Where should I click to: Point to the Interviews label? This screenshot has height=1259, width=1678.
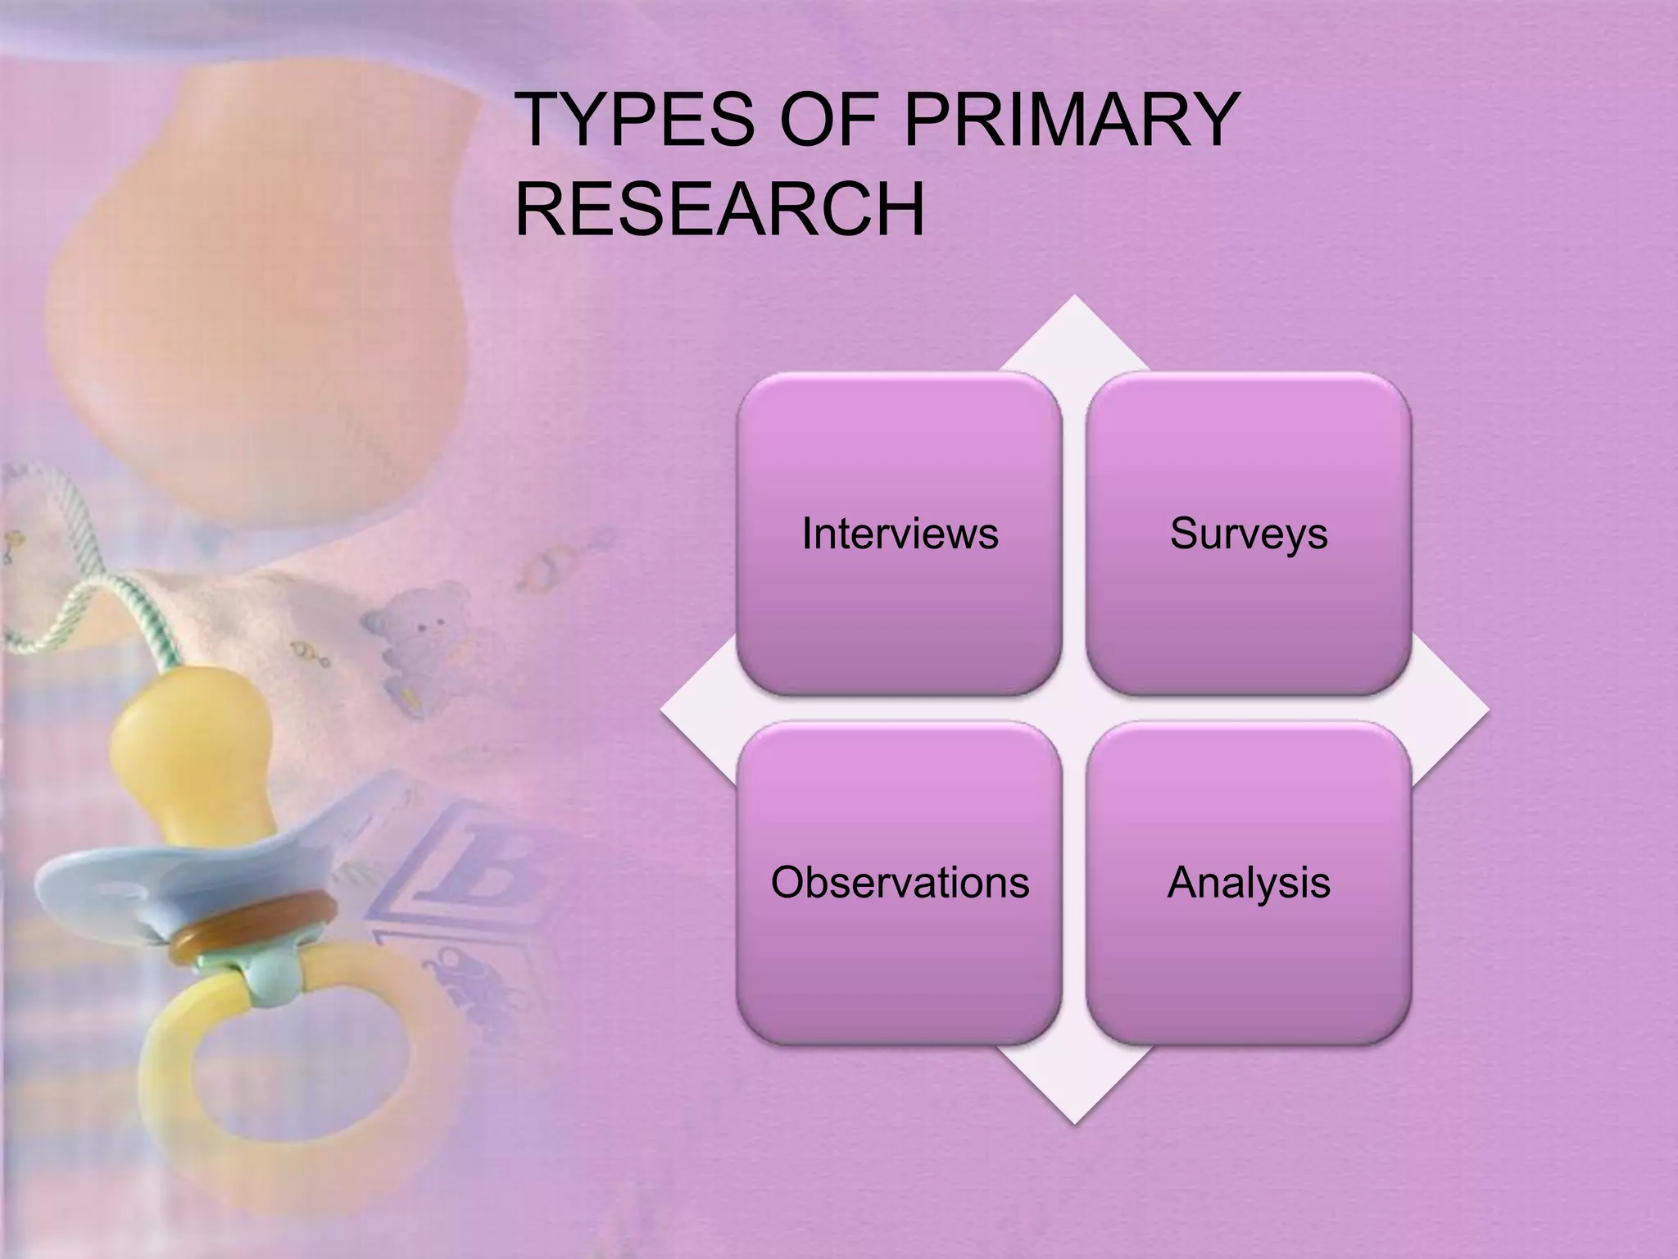coord(900,534)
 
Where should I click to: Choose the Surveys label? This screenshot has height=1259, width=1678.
coord(1249,534)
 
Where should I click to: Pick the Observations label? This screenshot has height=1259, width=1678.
coord(900,883)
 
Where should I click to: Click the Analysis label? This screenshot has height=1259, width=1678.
coord(1249,883)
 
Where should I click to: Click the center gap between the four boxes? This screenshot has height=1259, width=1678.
coord(1074,709)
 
